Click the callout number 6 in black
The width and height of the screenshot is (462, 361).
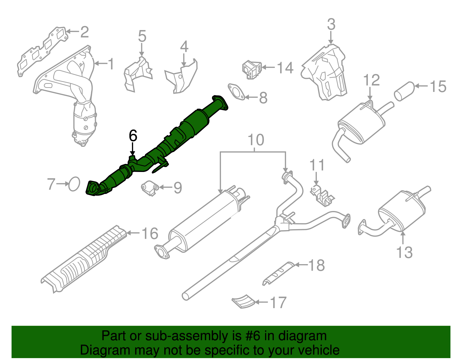tap(133, 136)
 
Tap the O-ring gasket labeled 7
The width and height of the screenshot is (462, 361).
tap(74, 184)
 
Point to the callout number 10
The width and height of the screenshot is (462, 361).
tap(256, 140)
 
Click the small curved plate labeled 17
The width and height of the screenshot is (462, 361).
tap(243, 301)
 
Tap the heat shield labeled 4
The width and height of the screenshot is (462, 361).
tap(182, 78)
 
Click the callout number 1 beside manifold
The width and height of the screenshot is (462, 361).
tap(111, 64)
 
